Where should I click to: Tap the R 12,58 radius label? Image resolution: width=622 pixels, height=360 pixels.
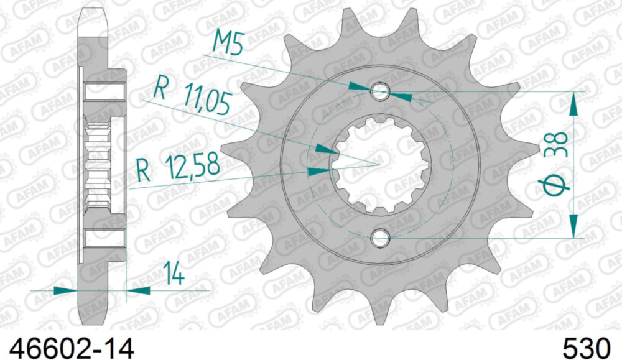tap(178, 168)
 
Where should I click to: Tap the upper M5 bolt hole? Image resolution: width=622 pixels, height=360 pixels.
tap(380, 92)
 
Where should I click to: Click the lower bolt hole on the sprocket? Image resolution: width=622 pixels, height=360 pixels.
tap(380, 238)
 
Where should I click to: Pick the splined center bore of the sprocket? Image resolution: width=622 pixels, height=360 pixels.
tap(379, 165)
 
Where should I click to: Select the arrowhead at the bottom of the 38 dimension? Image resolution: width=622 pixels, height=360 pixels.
tap(573, 227)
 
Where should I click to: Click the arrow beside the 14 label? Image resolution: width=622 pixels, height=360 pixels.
tap(139, 290)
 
